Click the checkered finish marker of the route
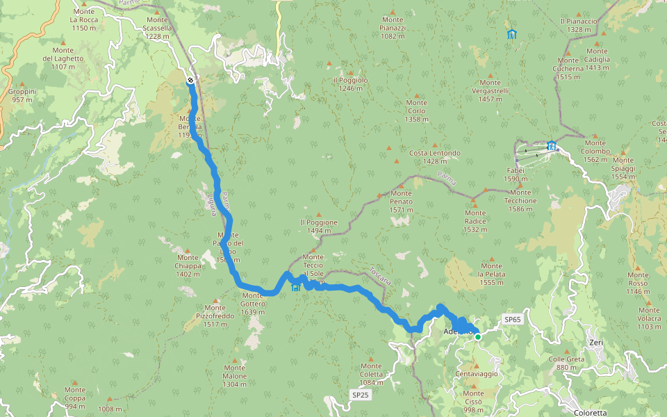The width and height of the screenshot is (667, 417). click(x=190, y=81)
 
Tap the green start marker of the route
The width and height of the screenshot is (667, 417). click(x=478, y=336)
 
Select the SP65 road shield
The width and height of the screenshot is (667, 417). click(x=512, y=319)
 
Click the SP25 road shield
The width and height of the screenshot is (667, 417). click(x=360, y=395)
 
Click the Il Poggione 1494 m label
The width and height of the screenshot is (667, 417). click(x=319, y=227)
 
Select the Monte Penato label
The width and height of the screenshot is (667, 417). click(x=401, y=197)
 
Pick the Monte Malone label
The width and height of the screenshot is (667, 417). click(x=234, y=376)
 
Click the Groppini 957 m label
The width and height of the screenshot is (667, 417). click(x=22, y=96)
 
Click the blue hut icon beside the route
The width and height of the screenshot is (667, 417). click(x=296, y=286)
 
